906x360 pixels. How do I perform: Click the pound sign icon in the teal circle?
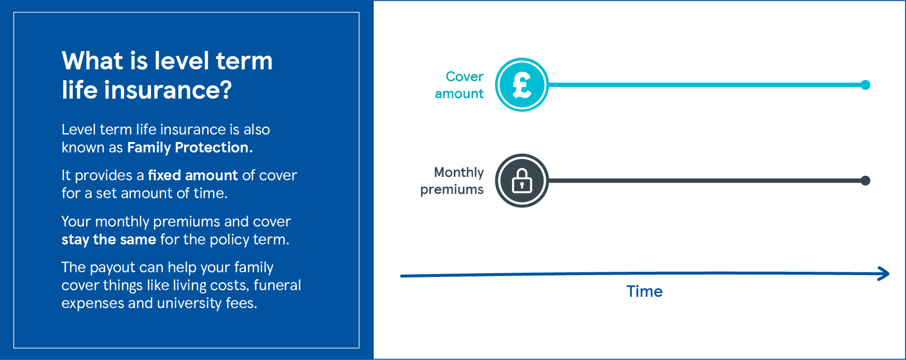(521, 85)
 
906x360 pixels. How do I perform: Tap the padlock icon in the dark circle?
(521, 181)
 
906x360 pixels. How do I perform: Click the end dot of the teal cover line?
(865, 85)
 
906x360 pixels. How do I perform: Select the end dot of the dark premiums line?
(865, 181)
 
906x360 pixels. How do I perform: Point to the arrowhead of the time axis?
(884, 274)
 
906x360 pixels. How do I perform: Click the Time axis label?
(644, 292)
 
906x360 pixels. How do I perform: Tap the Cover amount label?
(460, 85)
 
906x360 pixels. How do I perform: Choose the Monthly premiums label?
(452, 181)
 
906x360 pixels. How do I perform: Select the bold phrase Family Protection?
(190, 148)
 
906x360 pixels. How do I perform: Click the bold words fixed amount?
(193, 176)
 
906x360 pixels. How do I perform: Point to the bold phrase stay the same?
(109, 240)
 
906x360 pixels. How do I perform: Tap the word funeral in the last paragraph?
(277, 285)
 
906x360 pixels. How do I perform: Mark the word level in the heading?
(182, 61)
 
